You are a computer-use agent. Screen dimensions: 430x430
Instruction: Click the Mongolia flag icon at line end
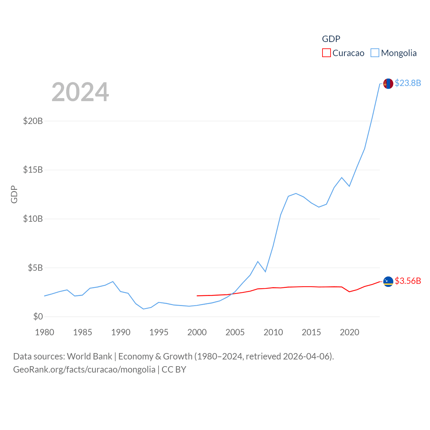[x=388, y=84]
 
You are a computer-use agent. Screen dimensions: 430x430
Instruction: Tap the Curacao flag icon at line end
[x=388, y=282]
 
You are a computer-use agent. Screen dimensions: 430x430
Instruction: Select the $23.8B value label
[x=408, y=83]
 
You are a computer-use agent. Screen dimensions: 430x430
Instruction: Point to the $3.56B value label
[x=408, y=281]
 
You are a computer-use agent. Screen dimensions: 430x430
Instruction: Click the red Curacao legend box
[x=326, y=53]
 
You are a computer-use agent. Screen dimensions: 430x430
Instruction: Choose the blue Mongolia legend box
[x=375, y=53]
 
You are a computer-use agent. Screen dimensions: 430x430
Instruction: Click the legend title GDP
[x=331, y=39]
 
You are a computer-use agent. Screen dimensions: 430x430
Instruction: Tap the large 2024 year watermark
[x=80, y=92]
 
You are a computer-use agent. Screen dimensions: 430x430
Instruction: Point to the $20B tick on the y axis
[x=33, y=121]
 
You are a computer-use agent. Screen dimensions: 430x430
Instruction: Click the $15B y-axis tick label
[x=33, y=170]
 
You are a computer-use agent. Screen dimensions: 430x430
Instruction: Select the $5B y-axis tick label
[x=35, y=268]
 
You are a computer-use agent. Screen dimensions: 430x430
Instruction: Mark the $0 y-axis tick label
[x=38, y=316]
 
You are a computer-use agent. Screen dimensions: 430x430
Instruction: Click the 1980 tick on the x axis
[x=45, y=332]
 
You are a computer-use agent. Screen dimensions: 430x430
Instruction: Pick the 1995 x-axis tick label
[x=159, y=332]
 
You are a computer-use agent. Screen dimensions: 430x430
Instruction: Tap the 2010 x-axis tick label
[x=273, y=332]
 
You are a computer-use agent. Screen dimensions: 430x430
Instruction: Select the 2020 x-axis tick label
[x=349, y=332]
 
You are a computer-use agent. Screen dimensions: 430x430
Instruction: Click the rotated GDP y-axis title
[x=14, y=194]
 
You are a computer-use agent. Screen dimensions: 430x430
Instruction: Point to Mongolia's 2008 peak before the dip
[x=258, y=261]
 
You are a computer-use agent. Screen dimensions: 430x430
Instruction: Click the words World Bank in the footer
[x=89, y=356]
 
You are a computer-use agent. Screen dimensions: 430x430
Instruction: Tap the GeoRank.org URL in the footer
[x=84, y=370]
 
